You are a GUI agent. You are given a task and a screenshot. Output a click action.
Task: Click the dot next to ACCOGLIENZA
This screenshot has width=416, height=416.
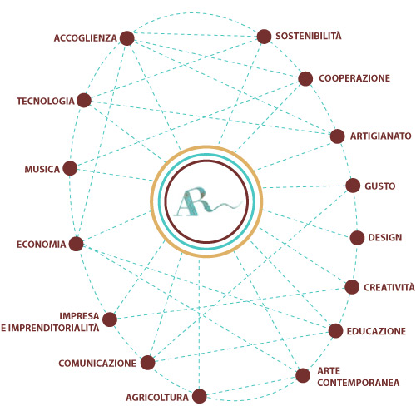pyautogui.click(x=127, y=38)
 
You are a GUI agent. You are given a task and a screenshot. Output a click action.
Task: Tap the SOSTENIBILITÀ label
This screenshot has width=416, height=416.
pyautogui.click(x=309, y=36)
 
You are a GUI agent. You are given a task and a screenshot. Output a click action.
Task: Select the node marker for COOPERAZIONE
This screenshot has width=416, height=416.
pyautogui.click(x=305, y=79)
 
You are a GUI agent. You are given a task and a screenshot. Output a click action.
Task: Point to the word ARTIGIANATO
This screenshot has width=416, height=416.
pyautogui.click(x=380, y=136)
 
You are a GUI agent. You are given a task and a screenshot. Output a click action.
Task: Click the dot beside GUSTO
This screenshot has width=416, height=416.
pyautogui.click(x=353, y=186)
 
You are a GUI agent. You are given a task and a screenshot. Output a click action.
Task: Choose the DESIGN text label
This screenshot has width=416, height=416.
pyautogui.click(x=385, y=238)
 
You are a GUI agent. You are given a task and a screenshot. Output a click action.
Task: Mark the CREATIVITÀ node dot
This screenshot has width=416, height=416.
pyautogui.click(x=352, y=287)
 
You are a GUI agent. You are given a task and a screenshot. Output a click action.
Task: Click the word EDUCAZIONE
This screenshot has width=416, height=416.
pyautogui.click(x=376, y=331)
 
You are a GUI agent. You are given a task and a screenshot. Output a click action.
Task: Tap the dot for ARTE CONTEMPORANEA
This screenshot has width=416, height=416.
pyautogui.click(x=303, y=375)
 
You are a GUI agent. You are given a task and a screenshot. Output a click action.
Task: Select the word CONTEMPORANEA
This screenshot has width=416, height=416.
pyautogui.click(x=359, y=383)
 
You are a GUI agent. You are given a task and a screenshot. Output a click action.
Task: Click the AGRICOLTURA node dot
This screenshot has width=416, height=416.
pyautogui.click(x=200, y=396)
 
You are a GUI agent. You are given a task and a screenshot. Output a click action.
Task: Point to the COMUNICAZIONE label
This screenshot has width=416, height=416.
pyautogui.click(x=97, y=364)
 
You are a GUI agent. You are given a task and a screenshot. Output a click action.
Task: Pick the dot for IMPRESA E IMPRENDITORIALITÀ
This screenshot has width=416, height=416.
pyautogui.click(x=110, y=319)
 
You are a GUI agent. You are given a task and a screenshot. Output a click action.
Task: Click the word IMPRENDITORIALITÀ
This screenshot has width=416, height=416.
pyautogui.click(x=53, y=328)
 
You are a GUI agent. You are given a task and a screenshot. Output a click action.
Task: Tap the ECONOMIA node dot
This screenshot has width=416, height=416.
pyautogui.click(x=76, y=244)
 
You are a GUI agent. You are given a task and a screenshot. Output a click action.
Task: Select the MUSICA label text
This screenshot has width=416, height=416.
pyautogui.click(x=42, y=169)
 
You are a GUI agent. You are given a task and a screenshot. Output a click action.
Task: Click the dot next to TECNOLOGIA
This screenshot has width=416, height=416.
pyautogui.click(x=84, y=100)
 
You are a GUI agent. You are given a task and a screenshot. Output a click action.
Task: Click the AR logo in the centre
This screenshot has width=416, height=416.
pyautogui.click(x=207, y=201)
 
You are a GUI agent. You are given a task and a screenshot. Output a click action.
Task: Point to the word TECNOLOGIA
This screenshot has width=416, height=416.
pyautogui.click(x=46, y=101)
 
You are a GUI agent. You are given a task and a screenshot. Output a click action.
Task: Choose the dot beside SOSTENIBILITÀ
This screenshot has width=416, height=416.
pyautogui.click(x=264, y=37)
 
